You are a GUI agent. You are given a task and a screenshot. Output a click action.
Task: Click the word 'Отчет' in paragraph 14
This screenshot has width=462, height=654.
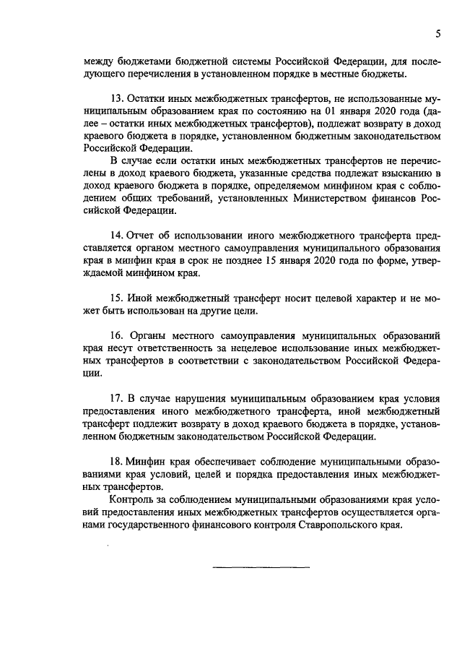[x=141, y=236]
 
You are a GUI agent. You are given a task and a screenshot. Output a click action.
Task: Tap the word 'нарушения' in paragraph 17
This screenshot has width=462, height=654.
[x=194, y=398]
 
